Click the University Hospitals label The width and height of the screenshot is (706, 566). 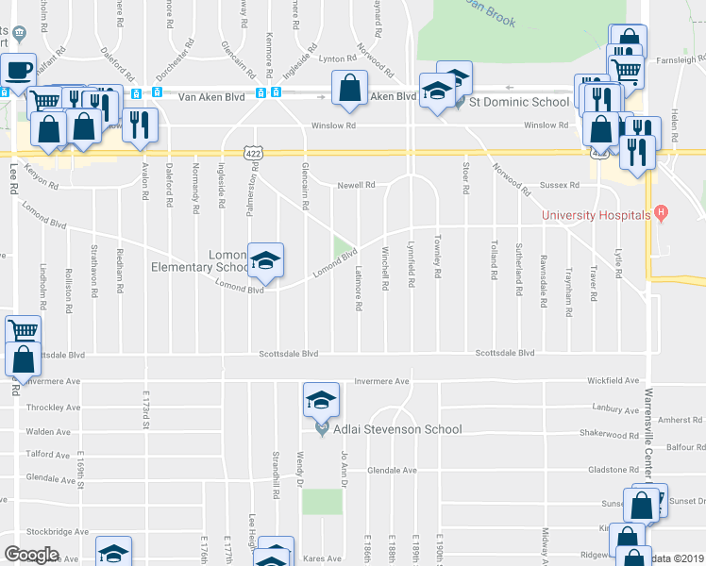click(x=596, y=215)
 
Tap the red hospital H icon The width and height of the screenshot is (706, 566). click(x=661, y=215)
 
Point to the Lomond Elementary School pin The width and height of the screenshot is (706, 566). click(x=265, y=261)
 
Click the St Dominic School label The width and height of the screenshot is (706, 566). click(x=518, y=101)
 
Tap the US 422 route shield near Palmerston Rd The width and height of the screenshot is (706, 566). click(x=253, y=151)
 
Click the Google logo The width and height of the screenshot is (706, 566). click(x=32, y=555)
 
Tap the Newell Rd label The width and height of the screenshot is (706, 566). click(x=357, y=186)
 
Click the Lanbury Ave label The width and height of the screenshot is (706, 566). click(x=618, y=408)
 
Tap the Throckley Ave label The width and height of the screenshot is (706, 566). click(x=54, y=408)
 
